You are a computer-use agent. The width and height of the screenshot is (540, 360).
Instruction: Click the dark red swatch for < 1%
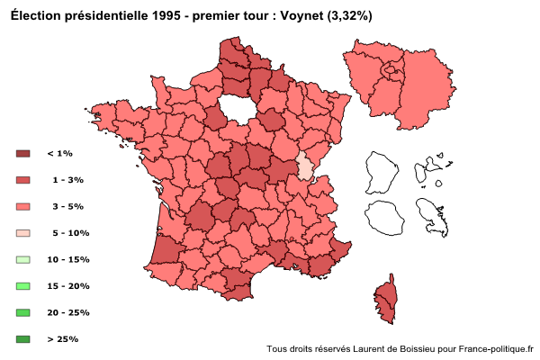(x=23, y=154)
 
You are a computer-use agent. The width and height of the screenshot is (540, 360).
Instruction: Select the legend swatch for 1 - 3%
(x=23, y=180)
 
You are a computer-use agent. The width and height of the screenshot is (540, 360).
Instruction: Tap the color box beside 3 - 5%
(x=23, y=206)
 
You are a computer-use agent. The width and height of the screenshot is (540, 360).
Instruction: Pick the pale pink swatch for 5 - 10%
(x=23, y=233)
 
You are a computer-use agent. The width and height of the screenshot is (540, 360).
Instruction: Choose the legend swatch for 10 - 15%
(x=23, y=259)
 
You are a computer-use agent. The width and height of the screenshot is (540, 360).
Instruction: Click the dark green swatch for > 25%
(x=23, y=339)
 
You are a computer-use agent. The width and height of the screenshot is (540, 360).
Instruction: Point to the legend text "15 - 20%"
(x=67, y=286)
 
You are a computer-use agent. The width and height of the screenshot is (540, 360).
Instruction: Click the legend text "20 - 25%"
(x=67, y=312)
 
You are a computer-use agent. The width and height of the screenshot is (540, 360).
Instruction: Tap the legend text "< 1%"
(x=59, y=154)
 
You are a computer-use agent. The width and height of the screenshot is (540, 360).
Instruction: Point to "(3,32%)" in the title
(x=354, y=16)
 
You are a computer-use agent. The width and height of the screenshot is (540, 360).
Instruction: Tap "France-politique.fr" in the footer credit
(x=495, y=348)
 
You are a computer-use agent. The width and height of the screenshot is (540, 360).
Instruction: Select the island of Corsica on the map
(x=386, y=301)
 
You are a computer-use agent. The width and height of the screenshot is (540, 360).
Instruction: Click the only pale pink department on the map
(x=306, y=167)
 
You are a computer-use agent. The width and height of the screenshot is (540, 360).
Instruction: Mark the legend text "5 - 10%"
(x=71, y=233)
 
